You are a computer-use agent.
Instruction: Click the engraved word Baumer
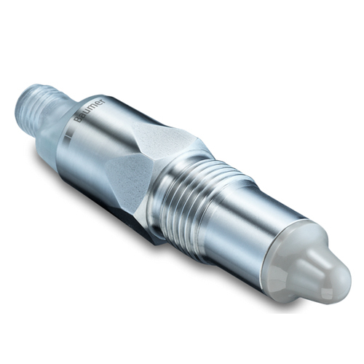(91, 111)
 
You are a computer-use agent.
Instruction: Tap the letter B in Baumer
(78, 120)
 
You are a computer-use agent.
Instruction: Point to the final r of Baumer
(104, 100)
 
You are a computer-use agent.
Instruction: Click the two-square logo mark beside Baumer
(68, 135)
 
